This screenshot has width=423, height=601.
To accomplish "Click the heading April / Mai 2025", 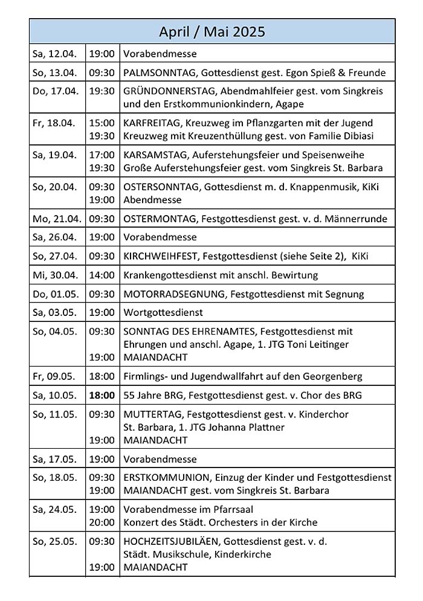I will [x=212, y=31].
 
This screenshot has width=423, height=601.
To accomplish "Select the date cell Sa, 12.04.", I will [x=54, y=54].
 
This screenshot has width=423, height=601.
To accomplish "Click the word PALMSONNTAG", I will [x=160, y=72].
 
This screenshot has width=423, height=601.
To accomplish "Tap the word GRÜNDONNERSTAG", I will [x=170, y=91].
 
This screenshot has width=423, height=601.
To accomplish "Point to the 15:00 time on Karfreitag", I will [x=102, y=123].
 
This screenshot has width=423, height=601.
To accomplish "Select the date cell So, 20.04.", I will [x=54, y=187].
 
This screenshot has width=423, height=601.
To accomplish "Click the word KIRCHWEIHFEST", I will [x=161, y=256].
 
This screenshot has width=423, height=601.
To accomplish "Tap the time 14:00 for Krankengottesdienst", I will [x=102, y=275].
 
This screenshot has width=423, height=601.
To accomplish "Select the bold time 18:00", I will [x=102, y=396].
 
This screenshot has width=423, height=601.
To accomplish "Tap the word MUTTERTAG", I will [x=152, y=414].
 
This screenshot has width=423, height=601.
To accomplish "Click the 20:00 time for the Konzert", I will [x=102, y=522].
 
